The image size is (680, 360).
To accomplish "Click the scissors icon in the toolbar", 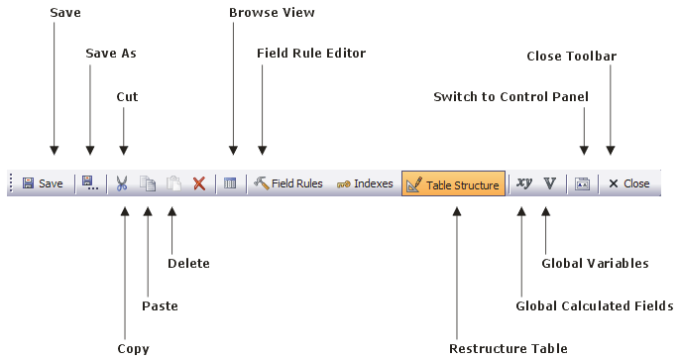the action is [x=122, y=183].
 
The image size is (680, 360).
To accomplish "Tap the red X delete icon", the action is [x=199, y=183].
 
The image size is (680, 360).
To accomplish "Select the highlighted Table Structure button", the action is [x=453, y=183].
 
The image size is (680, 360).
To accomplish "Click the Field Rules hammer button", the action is [x=287, y=183].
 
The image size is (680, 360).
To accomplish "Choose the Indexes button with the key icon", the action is [x=365, y=183].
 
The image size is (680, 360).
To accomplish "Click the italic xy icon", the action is [x=523, y=183].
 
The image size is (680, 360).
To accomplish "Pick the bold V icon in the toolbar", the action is [x=549, y=183].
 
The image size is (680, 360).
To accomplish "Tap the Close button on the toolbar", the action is [x=628, y=183].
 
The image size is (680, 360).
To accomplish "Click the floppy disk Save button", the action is [x=43, y=183].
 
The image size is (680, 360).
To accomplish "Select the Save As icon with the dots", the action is [x=90, y=183].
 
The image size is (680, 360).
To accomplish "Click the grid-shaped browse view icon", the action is [x=230, y=183].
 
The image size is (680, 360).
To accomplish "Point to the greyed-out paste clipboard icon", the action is [x=173, y=183].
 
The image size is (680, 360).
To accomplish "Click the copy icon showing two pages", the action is [x=148, y=183].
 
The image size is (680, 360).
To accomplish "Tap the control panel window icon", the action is [x=582, y=183].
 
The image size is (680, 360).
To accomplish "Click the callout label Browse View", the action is [x=272, y=13].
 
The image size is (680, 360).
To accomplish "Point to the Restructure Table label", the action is [x=509, y=348].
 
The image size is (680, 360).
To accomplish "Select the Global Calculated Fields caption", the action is [x=595, y=305].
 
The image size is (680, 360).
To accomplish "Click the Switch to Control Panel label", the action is [x=510, y=96].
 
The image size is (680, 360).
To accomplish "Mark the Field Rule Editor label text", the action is [x=311, y=53].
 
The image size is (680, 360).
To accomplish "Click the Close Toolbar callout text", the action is [x=572, y=56].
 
